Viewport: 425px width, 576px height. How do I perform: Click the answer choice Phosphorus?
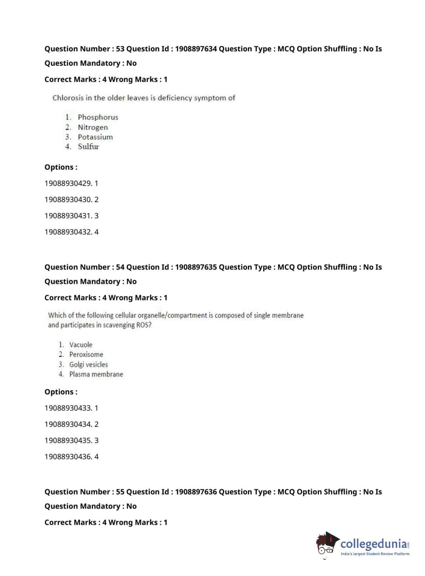pos(98,117)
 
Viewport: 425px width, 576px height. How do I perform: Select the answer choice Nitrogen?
pos(93,127)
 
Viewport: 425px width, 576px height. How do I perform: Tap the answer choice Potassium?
pos(95,137)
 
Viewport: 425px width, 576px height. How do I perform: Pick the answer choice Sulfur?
pos(88,147)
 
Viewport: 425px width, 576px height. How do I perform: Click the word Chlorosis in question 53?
pos(68,98)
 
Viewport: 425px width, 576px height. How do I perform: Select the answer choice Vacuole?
pos(81,344)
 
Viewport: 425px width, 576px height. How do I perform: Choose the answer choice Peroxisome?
pos(86,354)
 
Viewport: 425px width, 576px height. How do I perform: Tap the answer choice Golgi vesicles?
pos(88,364)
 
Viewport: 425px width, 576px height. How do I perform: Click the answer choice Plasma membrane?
pos(96,374)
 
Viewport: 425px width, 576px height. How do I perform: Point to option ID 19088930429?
pos(68,184)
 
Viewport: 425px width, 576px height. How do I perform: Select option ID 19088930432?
pos(68,232)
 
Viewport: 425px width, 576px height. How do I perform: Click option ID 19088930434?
pos(68,424)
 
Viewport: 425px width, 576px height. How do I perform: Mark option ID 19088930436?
pos(68,457)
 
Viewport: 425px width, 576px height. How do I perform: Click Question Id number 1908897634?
pos(196,49)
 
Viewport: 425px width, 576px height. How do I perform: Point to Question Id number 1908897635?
pos(196,267)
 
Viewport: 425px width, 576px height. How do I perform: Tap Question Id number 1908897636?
pos(196,492)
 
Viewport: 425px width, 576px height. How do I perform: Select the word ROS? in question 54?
pos(144,325)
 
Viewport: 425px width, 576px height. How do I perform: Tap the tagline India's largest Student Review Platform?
pos(375,554)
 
